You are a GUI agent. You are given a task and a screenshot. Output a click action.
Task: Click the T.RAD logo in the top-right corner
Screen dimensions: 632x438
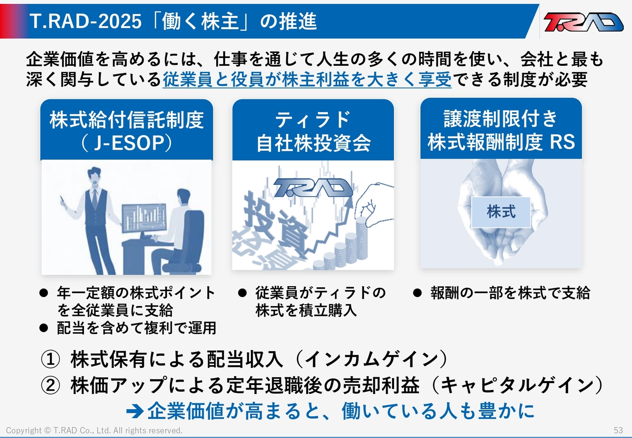(584, 22)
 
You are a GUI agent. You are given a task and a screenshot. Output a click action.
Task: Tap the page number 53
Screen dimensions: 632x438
(618, 430)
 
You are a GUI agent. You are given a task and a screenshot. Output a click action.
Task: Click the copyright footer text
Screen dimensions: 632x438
(94, 431)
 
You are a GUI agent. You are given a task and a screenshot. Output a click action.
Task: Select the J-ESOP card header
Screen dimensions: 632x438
(127, 130)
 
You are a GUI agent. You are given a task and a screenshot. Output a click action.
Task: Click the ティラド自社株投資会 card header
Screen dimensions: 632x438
(313, 130)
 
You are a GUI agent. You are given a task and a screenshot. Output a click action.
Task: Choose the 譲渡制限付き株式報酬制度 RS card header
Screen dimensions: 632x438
(501, 129)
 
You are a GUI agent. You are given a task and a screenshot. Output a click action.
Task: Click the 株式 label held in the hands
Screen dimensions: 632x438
(501, 212)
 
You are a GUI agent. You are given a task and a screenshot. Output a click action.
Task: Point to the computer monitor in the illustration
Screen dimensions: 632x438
(144, 219)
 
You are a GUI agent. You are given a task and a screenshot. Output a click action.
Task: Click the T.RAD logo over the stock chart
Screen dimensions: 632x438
(313, 187)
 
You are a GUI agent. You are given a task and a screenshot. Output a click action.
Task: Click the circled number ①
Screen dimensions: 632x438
(50, 359)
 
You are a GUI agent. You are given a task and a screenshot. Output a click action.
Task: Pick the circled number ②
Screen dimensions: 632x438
(50, 386)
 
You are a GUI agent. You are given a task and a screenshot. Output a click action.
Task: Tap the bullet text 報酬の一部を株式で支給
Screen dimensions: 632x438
(510, 293)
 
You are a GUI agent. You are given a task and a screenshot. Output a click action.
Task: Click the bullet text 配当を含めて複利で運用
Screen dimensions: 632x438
(137, 328)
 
